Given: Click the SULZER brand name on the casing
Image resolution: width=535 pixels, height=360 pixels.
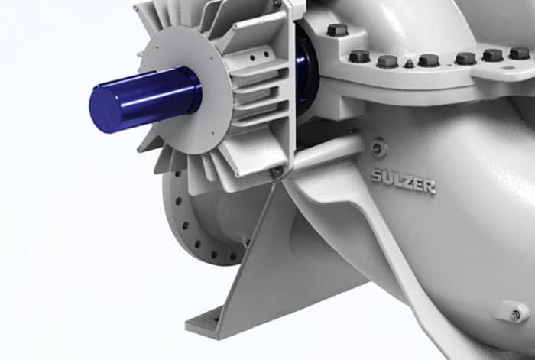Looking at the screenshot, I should coord(403,180).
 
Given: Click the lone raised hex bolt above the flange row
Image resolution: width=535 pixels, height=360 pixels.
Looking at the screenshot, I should coord(337,30).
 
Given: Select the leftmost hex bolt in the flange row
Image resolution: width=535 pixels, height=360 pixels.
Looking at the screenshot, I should coord(358,57).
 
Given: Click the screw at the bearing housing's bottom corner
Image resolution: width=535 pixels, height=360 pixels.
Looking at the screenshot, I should coord(275,173).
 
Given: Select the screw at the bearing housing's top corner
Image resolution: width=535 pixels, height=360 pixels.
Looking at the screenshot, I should coord(277,5).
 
